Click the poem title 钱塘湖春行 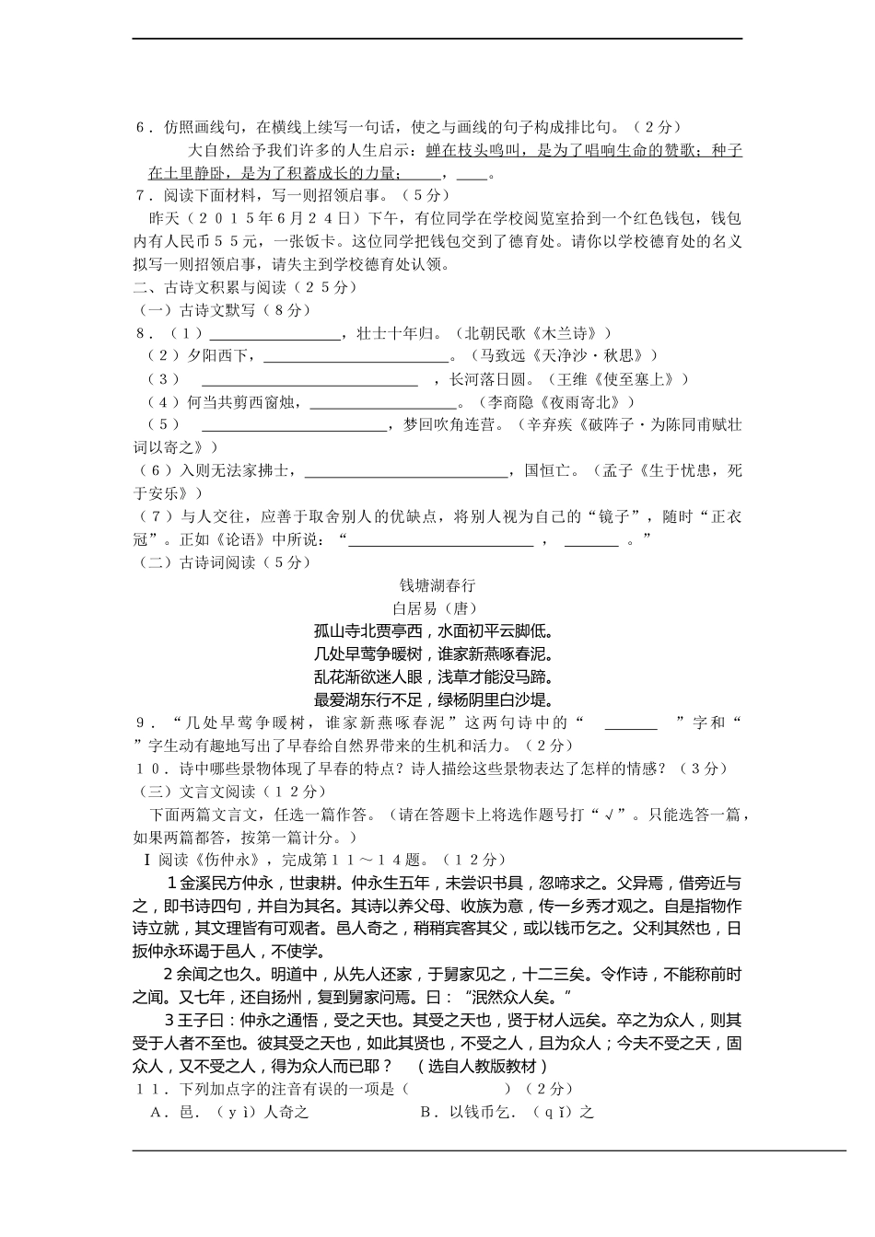coord(437,585)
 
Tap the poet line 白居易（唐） coord(437,608)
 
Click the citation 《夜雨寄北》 coord(585,402)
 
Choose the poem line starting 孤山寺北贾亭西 coord(433,631)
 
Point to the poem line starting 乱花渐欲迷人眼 coord(433,677)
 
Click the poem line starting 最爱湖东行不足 coord(433,699)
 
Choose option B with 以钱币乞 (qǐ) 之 coord(507,1112)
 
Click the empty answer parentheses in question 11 coord(456,1090)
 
